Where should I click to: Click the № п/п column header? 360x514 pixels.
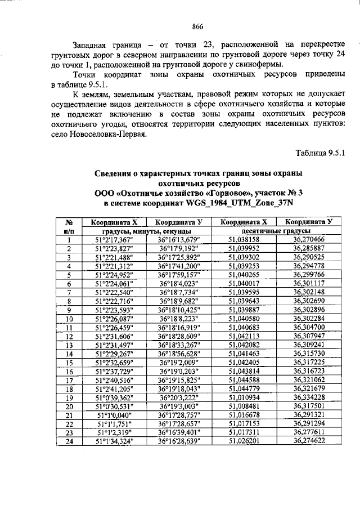[67, 226]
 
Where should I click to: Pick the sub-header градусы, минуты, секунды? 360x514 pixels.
[146, 231]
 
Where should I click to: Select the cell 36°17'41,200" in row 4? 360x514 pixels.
[179, 266]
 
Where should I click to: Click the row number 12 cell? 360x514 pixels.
[69, 345]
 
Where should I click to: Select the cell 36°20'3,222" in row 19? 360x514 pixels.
[179, 397]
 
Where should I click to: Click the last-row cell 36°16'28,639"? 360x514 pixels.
[179, 441]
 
